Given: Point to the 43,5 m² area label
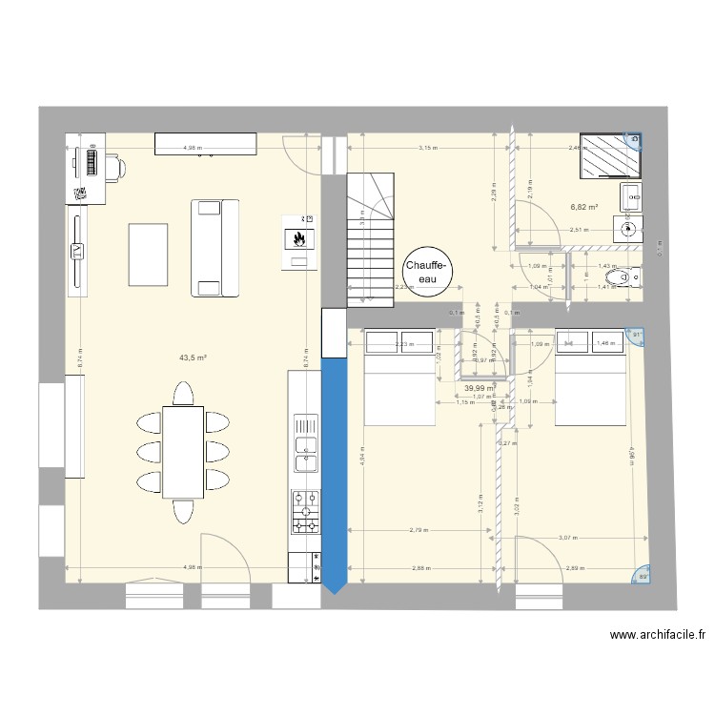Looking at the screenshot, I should (x=194, y=358).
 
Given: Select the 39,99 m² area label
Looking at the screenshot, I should (x=480, y=388).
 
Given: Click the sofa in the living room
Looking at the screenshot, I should (x=214, y=248).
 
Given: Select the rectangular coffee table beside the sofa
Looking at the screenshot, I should (x=148, y=253).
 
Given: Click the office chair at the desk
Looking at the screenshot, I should (x=112, y=166).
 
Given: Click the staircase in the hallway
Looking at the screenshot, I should (x=369, y=242).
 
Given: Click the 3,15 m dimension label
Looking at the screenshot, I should (x=426, y=148).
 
